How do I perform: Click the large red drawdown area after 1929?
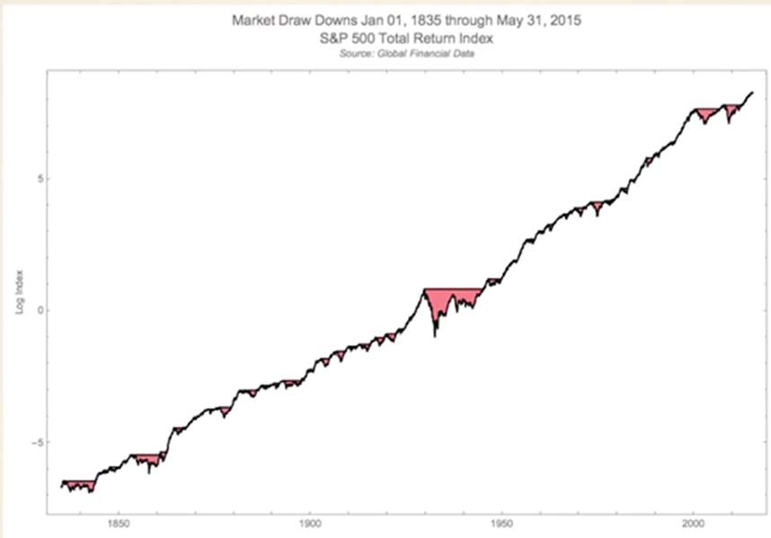449,299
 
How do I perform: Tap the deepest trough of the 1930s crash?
435,336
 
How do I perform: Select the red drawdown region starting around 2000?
705,115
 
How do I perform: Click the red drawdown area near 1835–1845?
77,485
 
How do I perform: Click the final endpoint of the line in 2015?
752,93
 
